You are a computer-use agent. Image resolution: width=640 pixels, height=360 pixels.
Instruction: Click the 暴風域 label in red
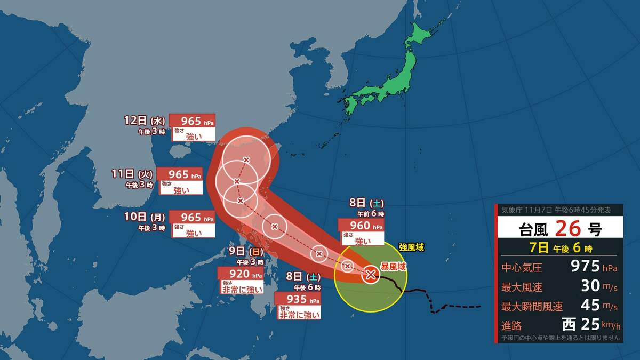[x=393, y=266]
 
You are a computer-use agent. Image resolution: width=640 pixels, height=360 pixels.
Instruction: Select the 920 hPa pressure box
[x=241, y=274]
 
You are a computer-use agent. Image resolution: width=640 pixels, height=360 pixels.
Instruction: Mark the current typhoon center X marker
[x=371, y=275]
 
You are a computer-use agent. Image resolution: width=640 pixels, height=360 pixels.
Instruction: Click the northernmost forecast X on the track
[x=246, y=159]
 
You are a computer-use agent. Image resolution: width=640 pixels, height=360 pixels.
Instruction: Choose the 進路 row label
[x=511, y=325]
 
